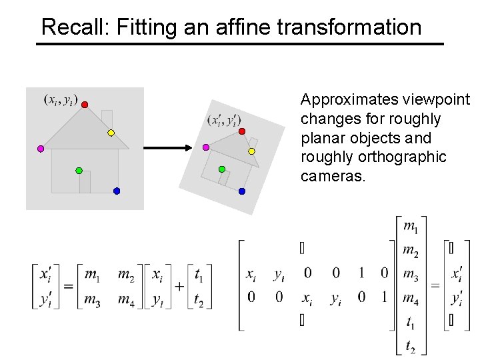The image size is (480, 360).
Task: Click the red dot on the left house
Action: (x=85, y=104)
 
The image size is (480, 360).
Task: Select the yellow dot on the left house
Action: (x=111, y=133)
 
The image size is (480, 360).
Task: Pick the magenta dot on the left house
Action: (x=41, y=148)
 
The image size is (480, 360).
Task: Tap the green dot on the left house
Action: (x=79, y=171)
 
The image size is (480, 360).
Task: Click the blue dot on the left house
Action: (x=117, y=191)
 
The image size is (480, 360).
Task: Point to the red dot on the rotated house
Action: (x=242, y=131)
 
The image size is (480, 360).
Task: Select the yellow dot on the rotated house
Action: (x=252, y=151)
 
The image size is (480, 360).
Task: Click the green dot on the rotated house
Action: (x=222, y=169)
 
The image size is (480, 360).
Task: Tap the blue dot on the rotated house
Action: (x=242, y=191)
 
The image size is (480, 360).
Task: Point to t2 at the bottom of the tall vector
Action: (x=411, y=345)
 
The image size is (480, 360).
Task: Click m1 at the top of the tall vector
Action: (x=411, y=227)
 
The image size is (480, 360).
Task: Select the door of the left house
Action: (x=85, y=181)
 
